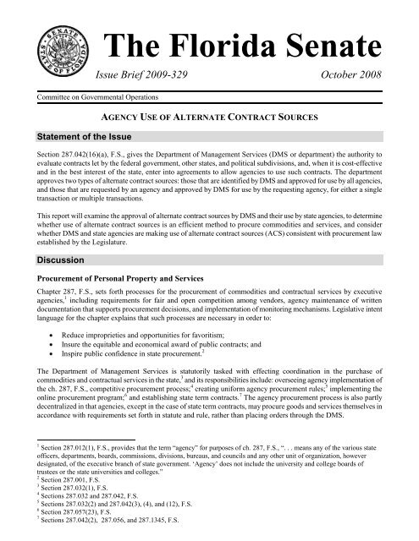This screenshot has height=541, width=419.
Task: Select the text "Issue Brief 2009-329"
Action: coord(155,75)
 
